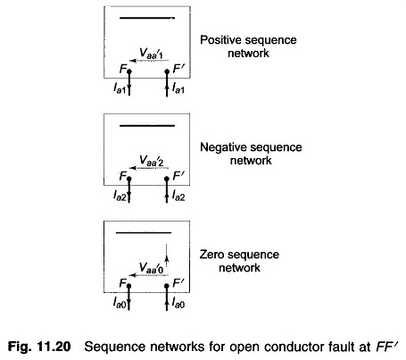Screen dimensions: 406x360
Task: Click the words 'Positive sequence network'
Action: click(x=248, y=46)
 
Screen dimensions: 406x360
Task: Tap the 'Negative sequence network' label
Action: click(x=251, y=154)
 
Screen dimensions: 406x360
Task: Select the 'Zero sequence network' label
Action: click(x=239, y=261)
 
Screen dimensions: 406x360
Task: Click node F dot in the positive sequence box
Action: click(x=129, y=71)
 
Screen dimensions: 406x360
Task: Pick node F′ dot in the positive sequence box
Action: click(x=167, y=71)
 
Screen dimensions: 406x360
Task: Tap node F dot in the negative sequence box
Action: click(x=129, y=179)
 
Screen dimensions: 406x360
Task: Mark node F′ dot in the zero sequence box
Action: click(x=167, y=286)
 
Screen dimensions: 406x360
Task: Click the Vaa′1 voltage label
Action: click(x=152, y=54)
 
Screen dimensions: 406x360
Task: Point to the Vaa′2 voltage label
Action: click(x=152, y=161)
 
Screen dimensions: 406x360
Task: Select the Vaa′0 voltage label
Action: click(x=152, y=268)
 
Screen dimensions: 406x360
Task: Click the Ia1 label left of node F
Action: click(x=120, y=88)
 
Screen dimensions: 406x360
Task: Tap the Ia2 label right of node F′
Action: click(x=178, y=196)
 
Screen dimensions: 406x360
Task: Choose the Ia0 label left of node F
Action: click(x=120, y=303)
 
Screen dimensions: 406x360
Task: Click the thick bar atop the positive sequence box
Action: click(x=147, y=18)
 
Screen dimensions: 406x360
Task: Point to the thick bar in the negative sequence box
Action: click(x=147, y=126)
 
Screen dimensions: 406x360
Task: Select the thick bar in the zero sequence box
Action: click(x=144, y=232)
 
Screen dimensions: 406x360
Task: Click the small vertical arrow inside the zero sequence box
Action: click(x=167, y=255)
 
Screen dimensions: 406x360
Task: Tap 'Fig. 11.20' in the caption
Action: click(x=39, y=347)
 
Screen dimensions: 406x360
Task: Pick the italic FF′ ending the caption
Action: click(x=386, y=347)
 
